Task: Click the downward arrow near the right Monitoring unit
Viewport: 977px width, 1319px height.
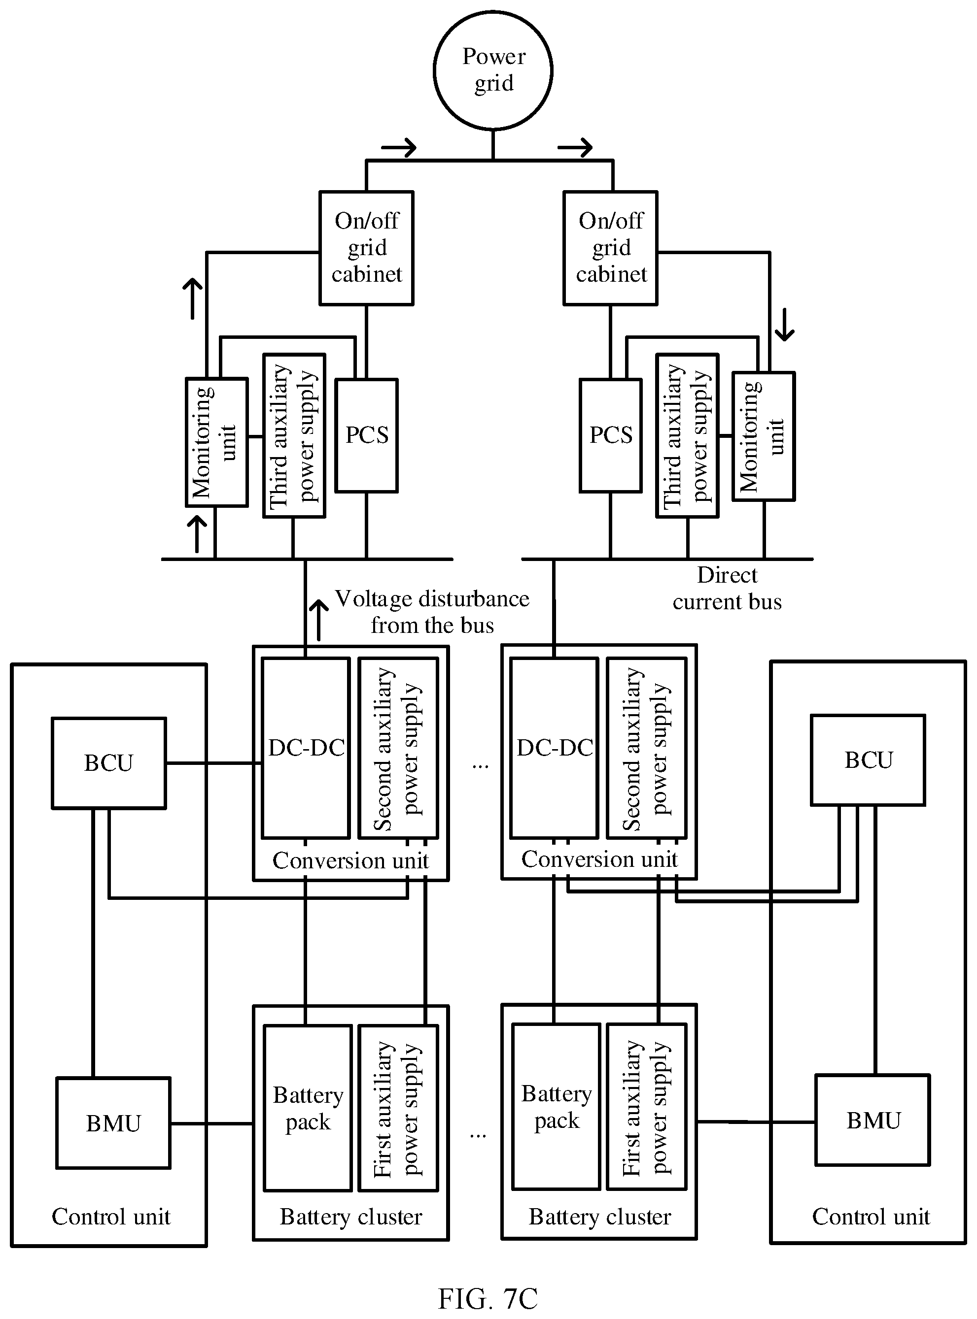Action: coord(785,325)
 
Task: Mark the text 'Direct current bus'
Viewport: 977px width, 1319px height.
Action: coord(727,588)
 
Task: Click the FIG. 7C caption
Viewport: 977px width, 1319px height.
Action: coord(488,1298)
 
